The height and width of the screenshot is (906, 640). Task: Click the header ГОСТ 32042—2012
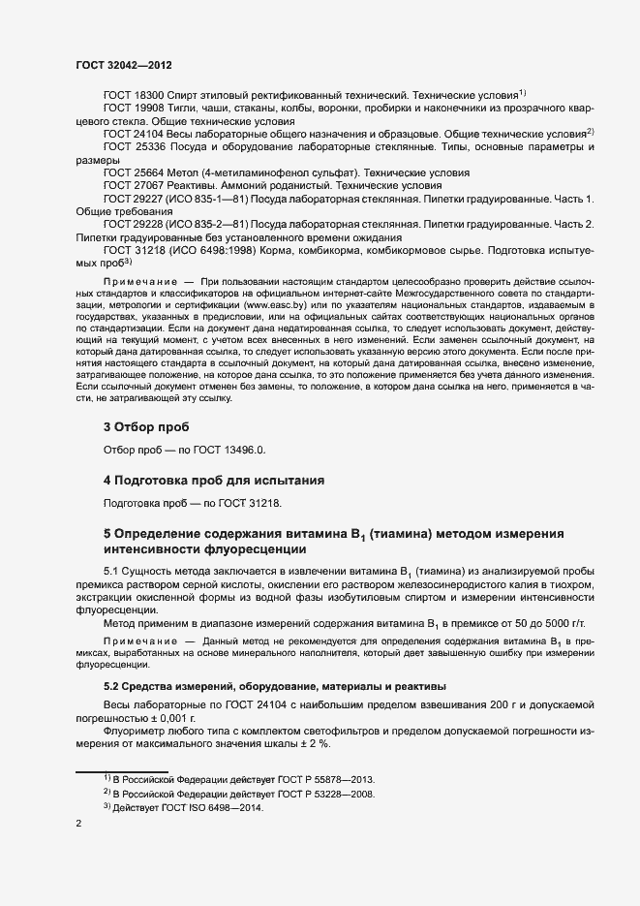click(x=123, y=65)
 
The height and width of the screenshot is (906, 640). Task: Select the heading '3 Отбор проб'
click(x=146, y=427)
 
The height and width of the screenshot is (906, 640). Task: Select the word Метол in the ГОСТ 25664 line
click(x=185, y=171)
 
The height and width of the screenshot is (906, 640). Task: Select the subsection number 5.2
click(x=113, y=686)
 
